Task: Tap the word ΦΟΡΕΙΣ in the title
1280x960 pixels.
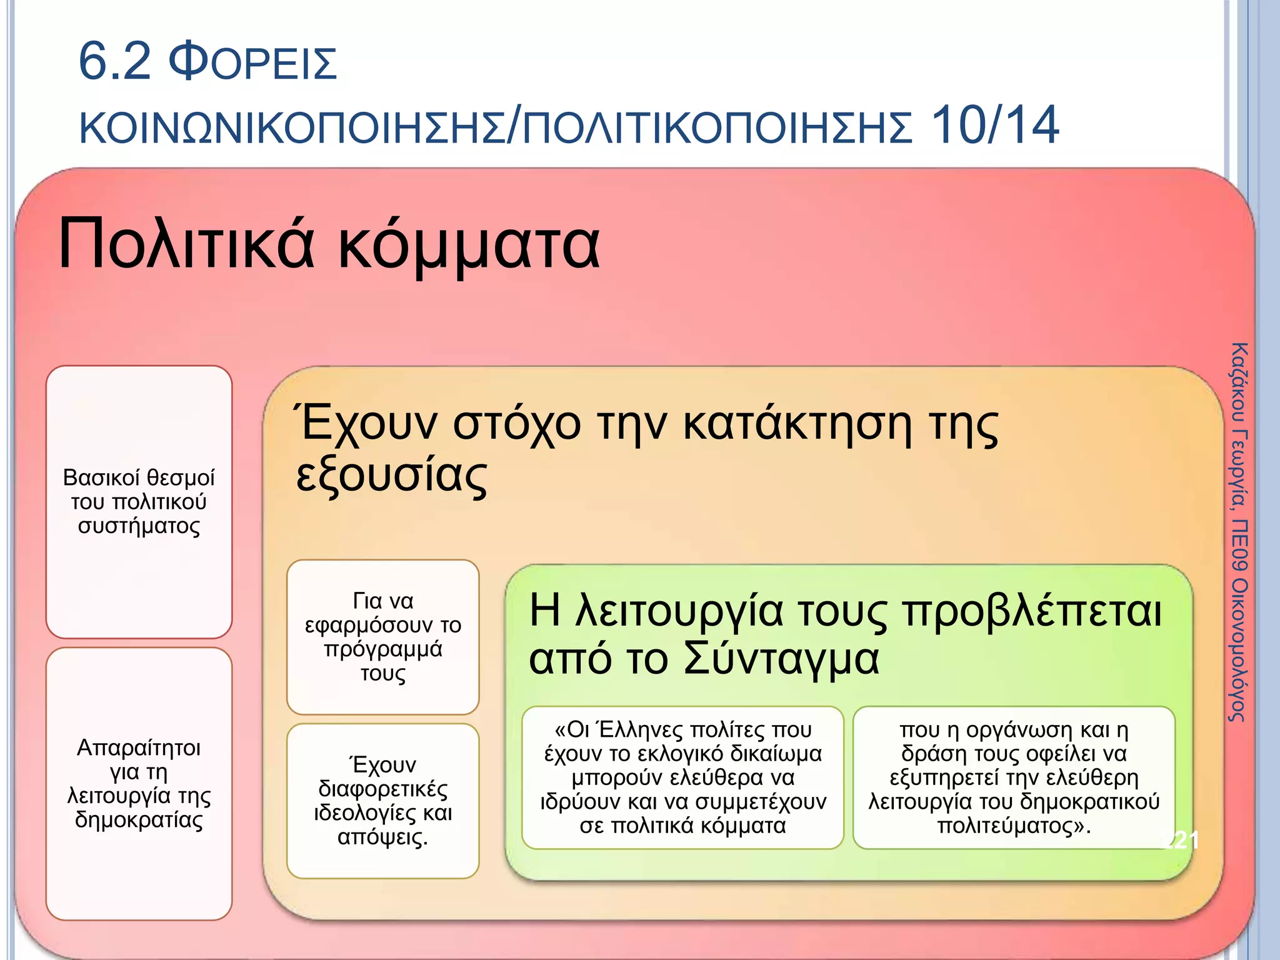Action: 253,63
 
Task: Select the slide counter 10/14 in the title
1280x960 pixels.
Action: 995,125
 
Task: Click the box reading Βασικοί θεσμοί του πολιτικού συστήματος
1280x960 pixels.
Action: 139,501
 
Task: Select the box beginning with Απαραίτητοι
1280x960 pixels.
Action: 139,783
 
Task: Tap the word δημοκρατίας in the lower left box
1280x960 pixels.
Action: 139,819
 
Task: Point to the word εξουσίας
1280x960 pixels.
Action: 391,476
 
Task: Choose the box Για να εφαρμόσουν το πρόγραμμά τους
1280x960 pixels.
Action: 382,636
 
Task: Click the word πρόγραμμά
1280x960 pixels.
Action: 382,650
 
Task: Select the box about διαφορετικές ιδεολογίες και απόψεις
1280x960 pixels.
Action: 382,801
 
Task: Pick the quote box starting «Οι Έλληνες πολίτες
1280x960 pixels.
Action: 682,777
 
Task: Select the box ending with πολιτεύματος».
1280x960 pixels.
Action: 1014,777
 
